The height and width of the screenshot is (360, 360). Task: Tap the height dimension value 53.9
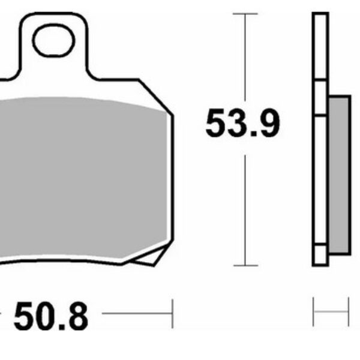point(242,125)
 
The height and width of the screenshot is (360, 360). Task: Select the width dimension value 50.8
point(51,316)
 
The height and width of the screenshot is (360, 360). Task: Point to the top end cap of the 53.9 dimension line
point(244,13)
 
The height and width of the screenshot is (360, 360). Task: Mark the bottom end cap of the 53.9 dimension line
point(244,265)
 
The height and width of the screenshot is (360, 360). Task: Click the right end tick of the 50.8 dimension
point(172,314)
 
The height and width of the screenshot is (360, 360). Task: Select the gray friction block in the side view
point(340,174)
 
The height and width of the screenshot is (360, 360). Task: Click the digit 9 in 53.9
point(268,125)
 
